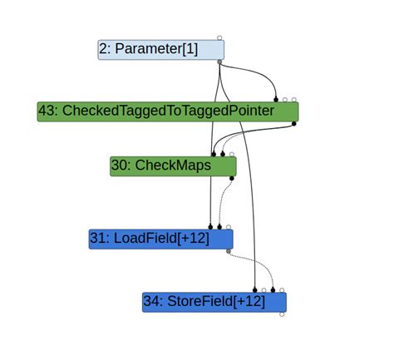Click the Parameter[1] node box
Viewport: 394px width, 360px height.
(161, 49)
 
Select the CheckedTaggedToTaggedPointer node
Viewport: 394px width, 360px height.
(167, 111)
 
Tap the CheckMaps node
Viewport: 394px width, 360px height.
(173, 166)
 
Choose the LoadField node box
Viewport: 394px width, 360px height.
(160, 239)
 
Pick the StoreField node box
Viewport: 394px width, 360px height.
(214, 302)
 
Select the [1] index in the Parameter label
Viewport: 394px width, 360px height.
(189, 49)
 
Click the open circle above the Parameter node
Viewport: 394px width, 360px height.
(219, 37)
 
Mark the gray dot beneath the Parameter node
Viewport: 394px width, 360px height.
(219, 62)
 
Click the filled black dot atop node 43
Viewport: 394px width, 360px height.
(276, 100)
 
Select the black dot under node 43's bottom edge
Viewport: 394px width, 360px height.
(294, 124)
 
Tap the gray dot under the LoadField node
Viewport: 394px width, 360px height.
(229, 251)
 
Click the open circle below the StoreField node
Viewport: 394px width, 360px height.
(282, 314)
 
